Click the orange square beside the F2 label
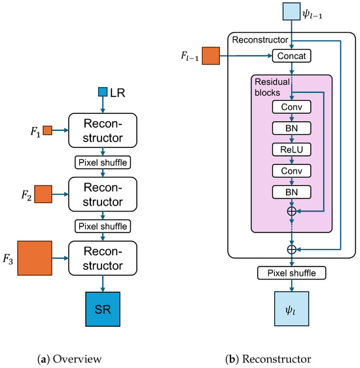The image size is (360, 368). click(x=43, y=194)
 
